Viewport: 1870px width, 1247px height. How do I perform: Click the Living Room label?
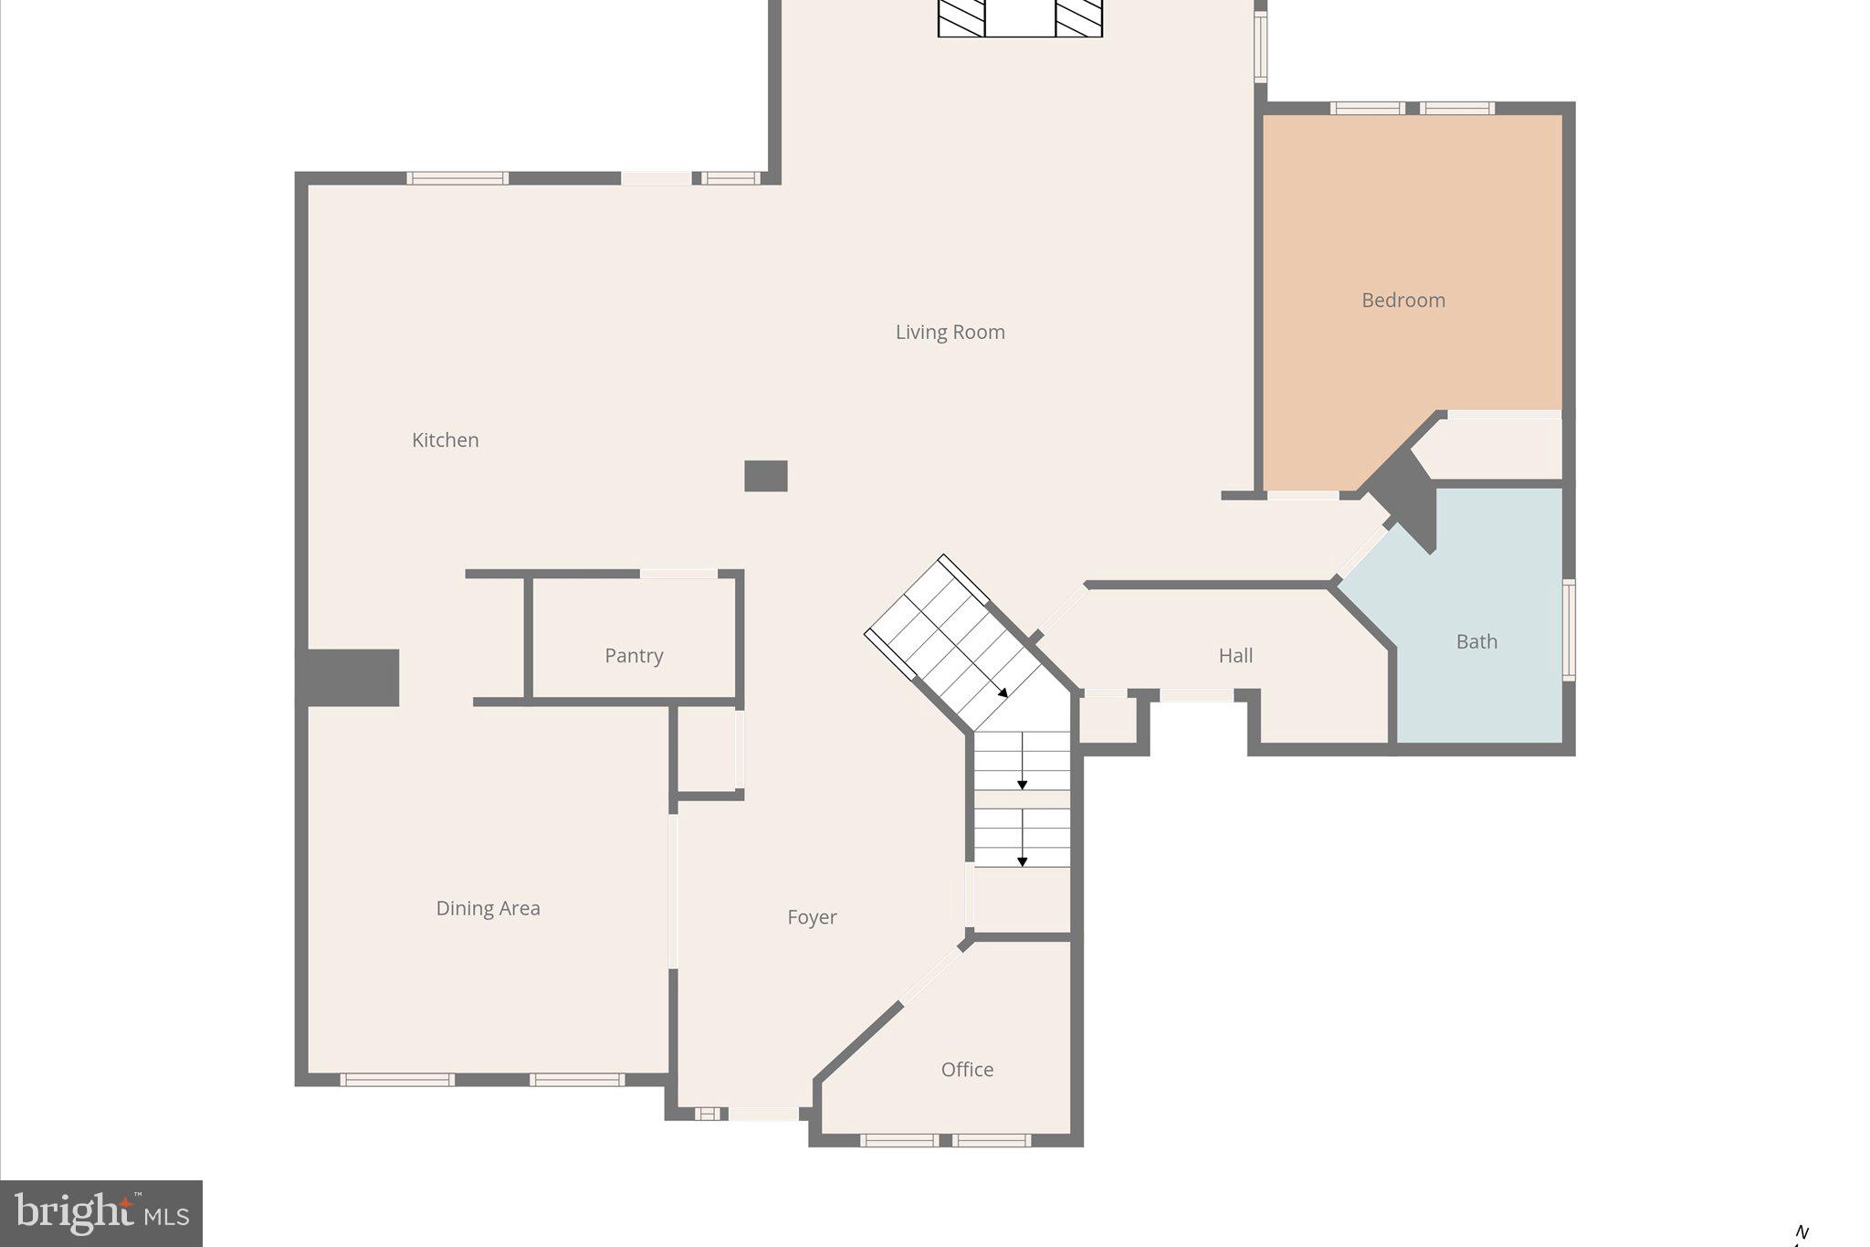950,333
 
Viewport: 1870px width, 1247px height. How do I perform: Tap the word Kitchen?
445,440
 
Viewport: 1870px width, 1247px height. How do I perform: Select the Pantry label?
634,656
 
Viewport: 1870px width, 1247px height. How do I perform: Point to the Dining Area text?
488,908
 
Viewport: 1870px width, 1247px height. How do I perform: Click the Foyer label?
812,917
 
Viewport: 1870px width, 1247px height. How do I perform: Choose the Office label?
967,1070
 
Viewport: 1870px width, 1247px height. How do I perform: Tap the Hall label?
1235,656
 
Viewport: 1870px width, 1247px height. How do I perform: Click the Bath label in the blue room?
1476,642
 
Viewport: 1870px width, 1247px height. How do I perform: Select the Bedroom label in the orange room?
1402,301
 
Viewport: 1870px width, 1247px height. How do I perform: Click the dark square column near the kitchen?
766,476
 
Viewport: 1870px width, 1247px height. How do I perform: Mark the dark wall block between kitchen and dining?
352,678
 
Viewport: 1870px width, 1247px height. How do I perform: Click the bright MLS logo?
101,1213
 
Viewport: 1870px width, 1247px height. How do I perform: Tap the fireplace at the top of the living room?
1020,18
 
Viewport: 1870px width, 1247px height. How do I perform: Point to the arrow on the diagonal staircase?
1002,692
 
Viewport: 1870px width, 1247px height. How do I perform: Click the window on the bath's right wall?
1568,629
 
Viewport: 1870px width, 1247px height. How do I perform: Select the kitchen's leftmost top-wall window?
457,178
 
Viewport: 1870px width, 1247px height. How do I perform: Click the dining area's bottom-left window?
397,1080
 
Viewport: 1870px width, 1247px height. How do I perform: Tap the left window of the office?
898,1140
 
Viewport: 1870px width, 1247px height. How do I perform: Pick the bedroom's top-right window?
1456,109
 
